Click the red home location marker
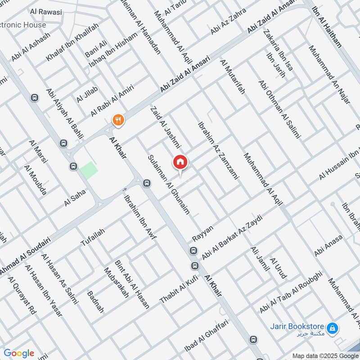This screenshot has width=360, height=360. (x=180, y=162)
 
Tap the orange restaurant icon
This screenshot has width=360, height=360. (x=118, y=120)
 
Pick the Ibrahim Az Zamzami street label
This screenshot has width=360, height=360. (x=217, y=151)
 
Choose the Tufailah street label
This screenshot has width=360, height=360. (x=93, y=237)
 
